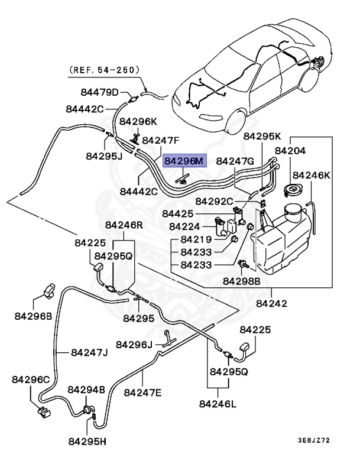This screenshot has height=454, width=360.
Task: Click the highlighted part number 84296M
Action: pos(184,160)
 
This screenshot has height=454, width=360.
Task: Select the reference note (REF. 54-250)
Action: pos(105,69)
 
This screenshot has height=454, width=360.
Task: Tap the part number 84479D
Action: pos(100,92)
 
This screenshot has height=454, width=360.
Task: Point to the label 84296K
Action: pos(138,121)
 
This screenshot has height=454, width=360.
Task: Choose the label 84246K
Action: pos(312,176)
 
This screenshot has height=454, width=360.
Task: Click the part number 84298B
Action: pos(241,282)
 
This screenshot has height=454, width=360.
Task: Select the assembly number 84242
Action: pos(273,304)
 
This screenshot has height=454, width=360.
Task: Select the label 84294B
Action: pos(86,390)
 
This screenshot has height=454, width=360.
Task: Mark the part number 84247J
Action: pos(89,353)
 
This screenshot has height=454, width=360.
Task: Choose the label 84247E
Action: pos(142,392)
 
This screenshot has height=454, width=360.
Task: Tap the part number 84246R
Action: pos(124,225)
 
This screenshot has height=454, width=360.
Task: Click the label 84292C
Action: pos(214,201)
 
